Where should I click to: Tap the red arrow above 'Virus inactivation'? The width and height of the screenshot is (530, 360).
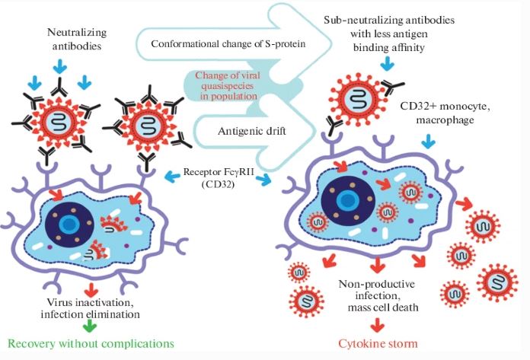coord(90,287)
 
